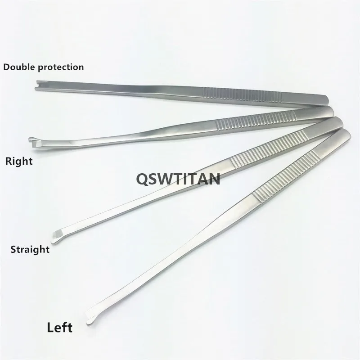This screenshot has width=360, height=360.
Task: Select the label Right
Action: click(x=18, y=161)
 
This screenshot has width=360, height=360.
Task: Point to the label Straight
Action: click(x=30, y=249)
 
